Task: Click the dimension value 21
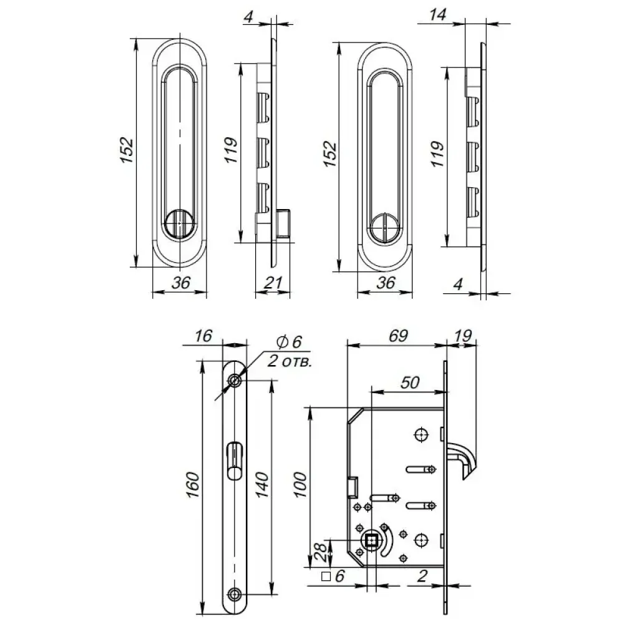(x=273, y=283)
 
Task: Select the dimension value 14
(x=437, y=15)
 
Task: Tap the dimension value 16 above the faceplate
(x=203, y=336)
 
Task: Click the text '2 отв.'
(x=290, y=361)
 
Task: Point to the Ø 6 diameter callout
(x=290, y=341)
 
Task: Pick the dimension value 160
(x=193, y=485)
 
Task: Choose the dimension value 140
(x=262, y=485)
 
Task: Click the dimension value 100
(x=301, y=485)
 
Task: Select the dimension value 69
(x=398, y=336)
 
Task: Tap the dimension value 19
(x=463, y=336)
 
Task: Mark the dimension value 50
(x=410, y=383)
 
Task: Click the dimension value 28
(x=321, y=552)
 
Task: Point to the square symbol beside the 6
(x=326, y=576)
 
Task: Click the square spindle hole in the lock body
(x=372, y=540)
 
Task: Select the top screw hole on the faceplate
(x=235, y=381)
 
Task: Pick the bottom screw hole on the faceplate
(x=235, y=595)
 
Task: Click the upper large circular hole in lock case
(x=421, y=434)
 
